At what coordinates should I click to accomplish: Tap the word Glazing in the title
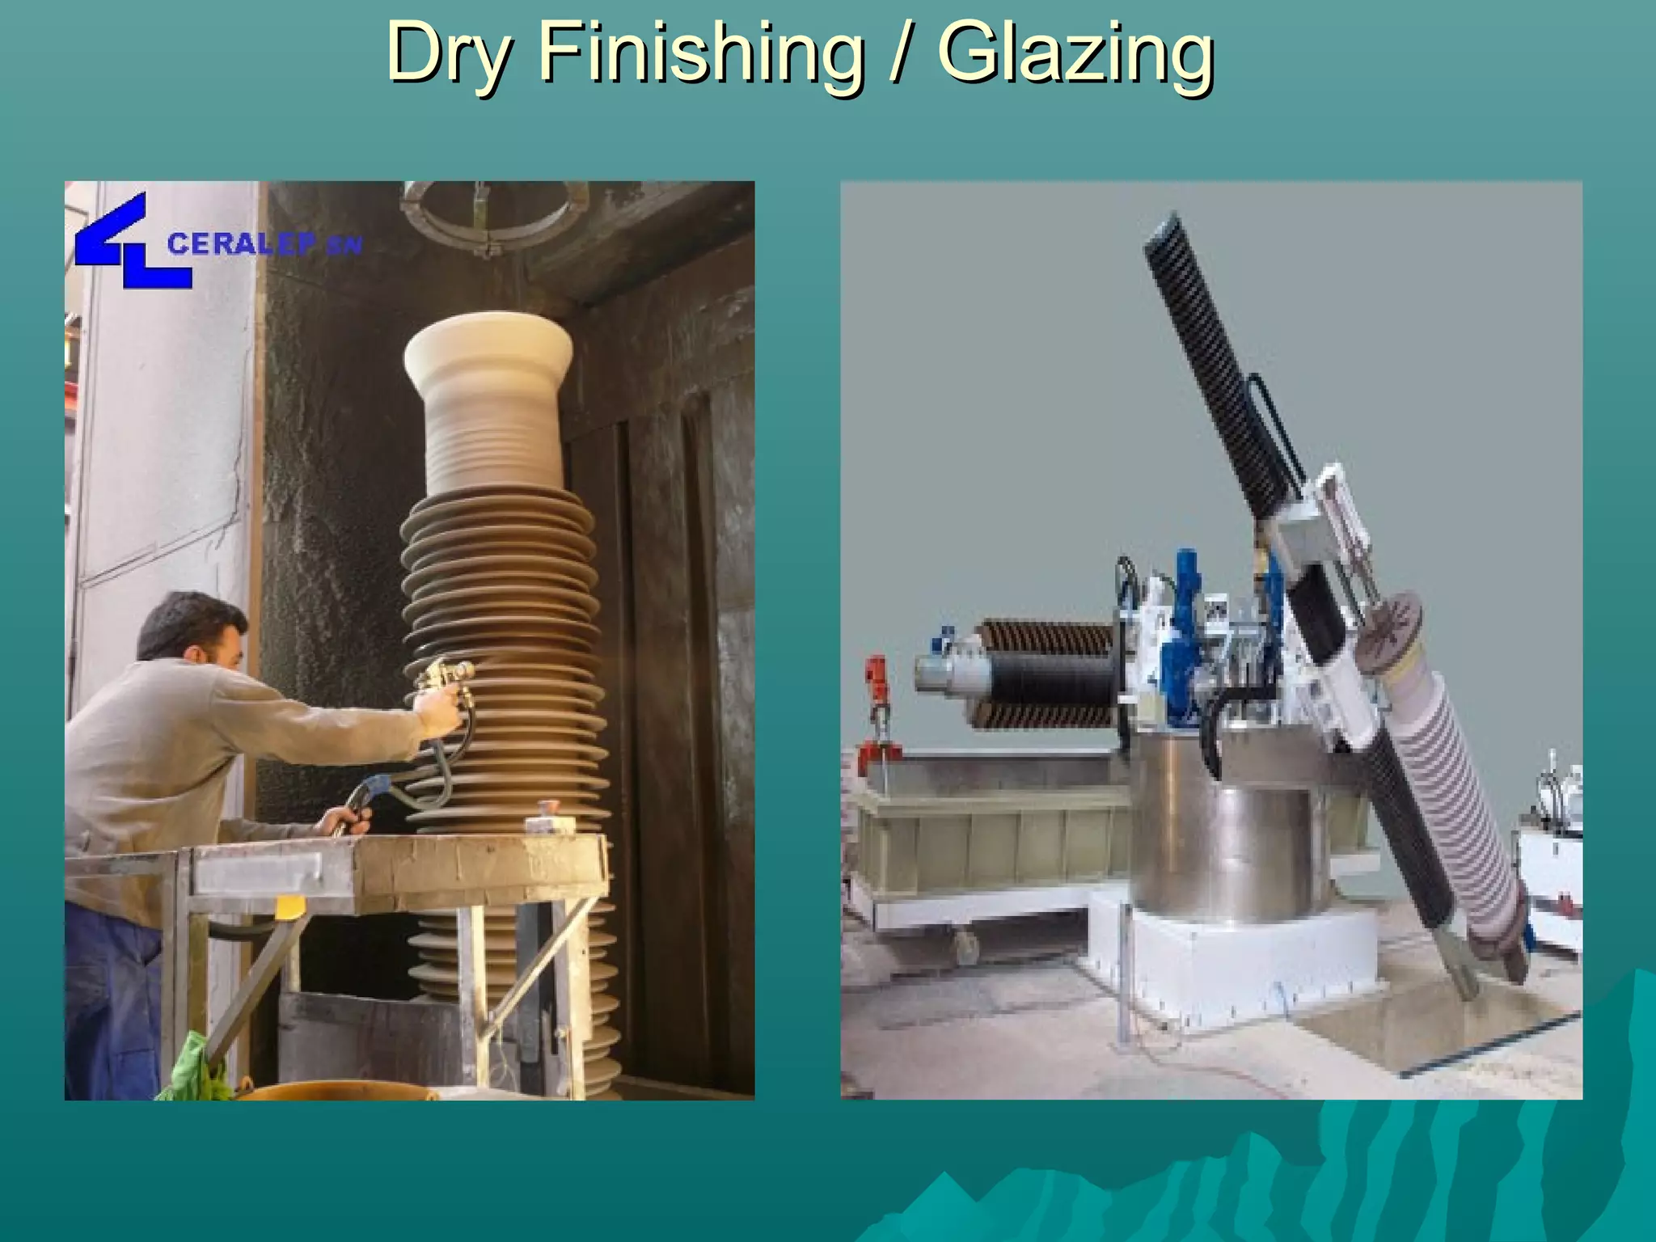(x=1075, y=53)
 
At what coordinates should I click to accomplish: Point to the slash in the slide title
(x=900, y=53)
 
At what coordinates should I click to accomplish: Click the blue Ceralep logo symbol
(x=129, y=242)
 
